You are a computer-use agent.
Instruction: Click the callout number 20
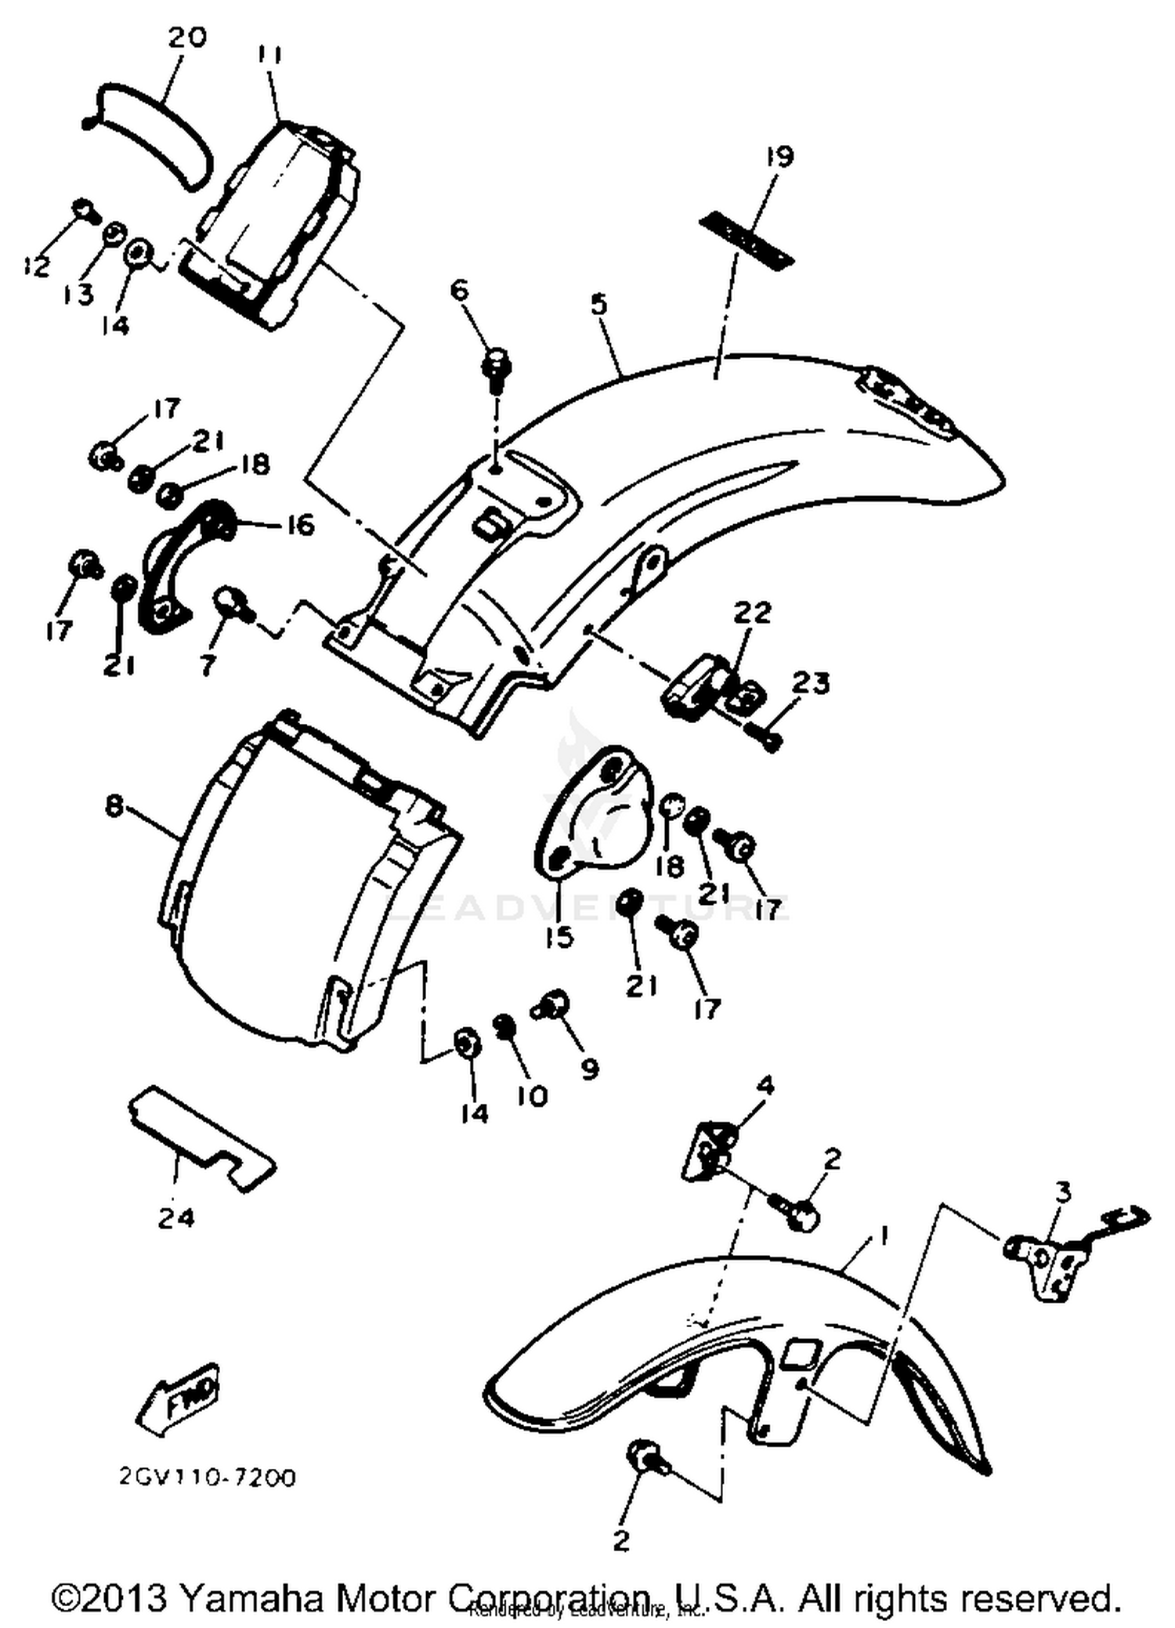[186, 37]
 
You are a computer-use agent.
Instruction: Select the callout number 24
[175, 1217]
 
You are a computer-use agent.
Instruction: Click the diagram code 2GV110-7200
[208, 1478]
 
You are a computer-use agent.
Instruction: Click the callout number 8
[114, 805]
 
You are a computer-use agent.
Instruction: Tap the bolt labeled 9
[555, 1005]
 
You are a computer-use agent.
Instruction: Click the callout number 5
[599, 304]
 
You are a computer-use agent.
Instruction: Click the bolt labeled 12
[83, 209]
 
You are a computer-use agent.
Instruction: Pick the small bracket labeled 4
[709, 1145]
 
